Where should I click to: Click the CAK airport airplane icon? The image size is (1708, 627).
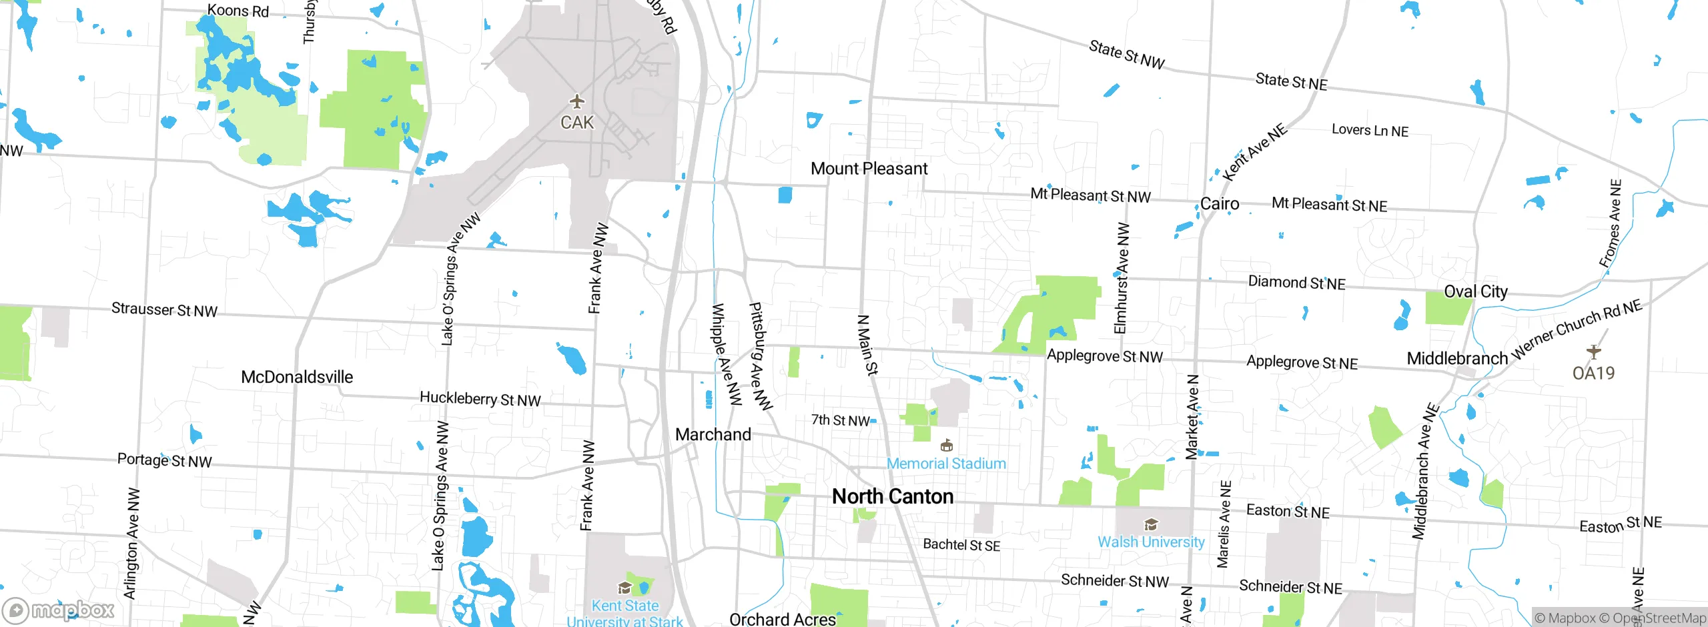tap(577, 102)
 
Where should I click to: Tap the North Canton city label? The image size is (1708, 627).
tap(892, 497)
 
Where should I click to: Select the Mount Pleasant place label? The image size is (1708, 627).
tap(869, 169)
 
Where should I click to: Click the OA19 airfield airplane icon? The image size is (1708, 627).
tap(1593, 352)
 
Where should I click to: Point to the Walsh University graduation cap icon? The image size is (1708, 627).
tap(1151, 524)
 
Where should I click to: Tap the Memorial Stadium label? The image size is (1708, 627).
tap(946, 464)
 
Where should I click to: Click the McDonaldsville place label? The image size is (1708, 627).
tap(297, 377)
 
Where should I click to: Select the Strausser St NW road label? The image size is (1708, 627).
tap(164, 310)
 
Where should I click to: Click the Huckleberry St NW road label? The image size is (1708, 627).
tap(480, 399)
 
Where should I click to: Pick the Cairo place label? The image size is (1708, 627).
tap(1220, 204)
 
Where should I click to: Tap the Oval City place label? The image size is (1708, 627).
tap(1475, 291)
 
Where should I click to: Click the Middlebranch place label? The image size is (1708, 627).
tap(1457, 359)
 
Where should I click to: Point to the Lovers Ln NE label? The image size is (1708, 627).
tap(1370, 131)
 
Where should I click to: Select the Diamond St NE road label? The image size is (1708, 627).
tap(1296, 283)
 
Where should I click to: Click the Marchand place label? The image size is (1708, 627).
tap(713, 435)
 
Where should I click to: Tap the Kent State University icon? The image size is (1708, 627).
tap(624, 588)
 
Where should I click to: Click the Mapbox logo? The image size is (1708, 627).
tap(59, 610)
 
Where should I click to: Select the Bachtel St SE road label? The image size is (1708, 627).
tap(961, 545)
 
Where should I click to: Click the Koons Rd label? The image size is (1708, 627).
tap(238, 11)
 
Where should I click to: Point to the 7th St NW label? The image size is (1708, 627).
tap(840, 420)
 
